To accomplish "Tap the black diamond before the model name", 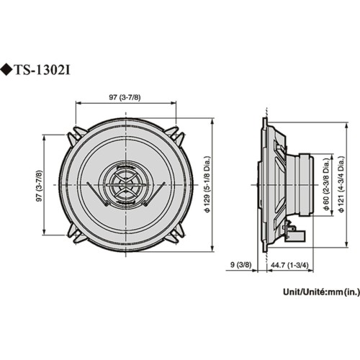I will click(9, 71).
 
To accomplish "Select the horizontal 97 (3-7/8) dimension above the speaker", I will click(125, 96).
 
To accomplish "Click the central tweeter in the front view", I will click(125, 185).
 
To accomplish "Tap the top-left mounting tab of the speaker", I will click(76, 135).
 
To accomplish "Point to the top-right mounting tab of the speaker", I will click(175, 135).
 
